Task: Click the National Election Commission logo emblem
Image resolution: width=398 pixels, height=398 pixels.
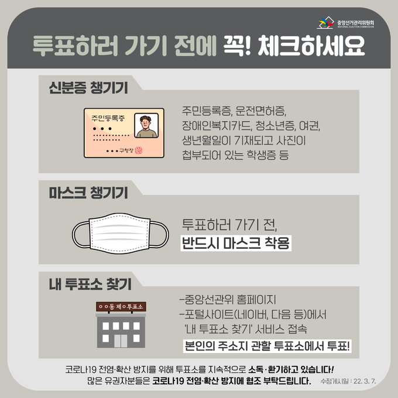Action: (325, 22)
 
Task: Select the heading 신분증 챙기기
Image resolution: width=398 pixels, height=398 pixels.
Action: (88, 88)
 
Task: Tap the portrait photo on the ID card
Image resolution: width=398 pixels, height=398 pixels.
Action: (146, 126)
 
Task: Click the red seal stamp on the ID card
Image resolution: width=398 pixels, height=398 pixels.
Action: (139, 150)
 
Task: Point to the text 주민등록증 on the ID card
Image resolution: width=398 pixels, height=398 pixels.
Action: (108, 118)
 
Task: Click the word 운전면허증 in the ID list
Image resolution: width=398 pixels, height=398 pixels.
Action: (261, 111)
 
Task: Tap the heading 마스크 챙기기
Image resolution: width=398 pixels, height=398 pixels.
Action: (88, 193)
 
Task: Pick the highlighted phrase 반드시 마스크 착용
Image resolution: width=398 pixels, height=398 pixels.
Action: (236, 243)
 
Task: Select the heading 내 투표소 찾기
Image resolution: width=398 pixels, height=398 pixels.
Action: (90, 284)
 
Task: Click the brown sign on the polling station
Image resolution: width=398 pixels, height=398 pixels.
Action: (121, 307)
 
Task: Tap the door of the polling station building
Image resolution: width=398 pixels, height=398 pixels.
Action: (121, 341)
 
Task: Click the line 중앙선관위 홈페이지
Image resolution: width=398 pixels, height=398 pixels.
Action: (228, 300)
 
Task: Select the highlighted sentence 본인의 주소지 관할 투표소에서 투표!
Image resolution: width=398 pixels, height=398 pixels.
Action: (267, 346)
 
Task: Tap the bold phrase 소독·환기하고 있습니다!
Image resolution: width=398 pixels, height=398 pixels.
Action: (291, 369)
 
